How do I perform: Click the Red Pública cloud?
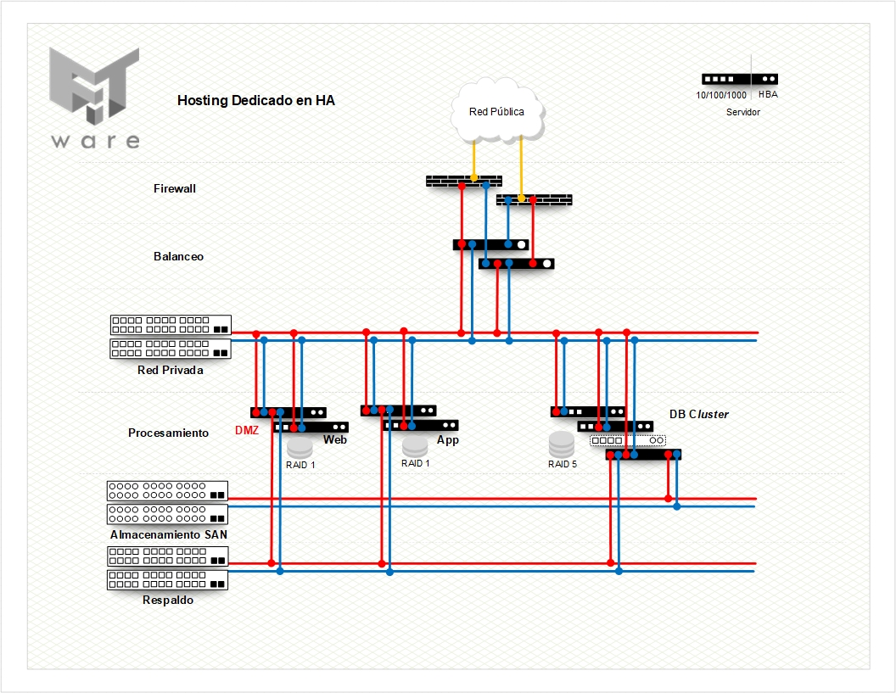[x=497, y=111]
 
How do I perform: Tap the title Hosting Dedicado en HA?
[x=255, y=100]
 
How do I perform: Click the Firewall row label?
[x=175, y=188]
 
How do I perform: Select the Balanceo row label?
[x=178, y=256]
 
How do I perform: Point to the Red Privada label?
[x=170, y=370]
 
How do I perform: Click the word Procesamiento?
[x=168, y=433]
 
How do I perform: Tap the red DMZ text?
[x=247, y=431]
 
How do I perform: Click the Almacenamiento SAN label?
[x=168, y=535]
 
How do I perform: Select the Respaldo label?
[x=168, y=601]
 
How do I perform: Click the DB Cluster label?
[x=698, y=414]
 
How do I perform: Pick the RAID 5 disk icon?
[x=562, y=444]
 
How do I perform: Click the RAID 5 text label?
[x=563, y=464]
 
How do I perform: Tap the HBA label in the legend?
[x=768, y=95]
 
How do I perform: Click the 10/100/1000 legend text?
[x=721, y=95]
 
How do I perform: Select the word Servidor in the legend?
[x=743, y=112]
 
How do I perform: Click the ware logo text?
[x=94, y=141]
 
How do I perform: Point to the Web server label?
[x=335, y=440]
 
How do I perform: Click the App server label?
[x=448, y=440]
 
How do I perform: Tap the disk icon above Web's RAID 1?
[x=300, y=447]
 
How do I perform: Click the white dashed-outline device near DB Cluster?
[x=628, y=441]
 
